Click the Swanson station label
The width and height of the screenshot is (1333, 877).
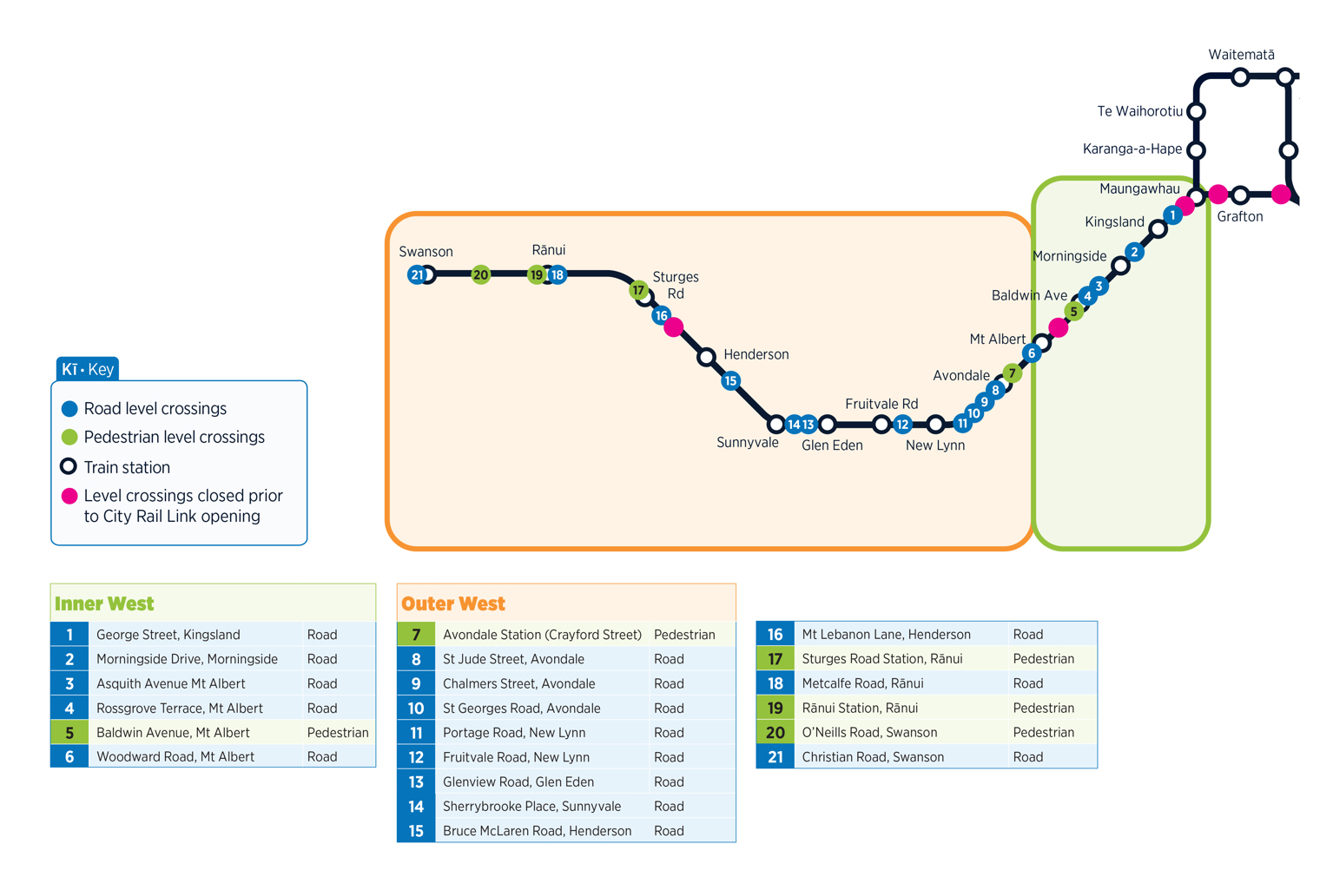pyautogui.click(x=426, y=252)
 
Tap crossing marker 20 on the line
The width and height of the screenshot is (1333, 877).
pyautogui.click(x=480, y=275)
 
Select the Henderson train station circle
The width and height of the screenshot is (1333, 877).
pyautogui.click(x=706, y=357)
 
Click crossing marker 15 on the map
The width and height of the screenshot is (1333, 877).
pyautogui.click(x=730, y=380)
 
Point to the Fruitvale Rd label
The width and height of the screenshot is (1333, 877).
pyautogui.click(x=881, y=404)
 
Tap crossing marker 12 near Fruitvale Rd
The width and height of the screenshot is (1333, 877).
pyautogui.click(x=902, y=425)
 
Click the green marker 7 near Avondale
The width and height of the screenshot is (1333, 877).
pyautogui.click(x=1012, y=373)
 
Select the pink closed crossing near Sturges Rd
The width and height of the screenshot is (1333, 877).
pyautogui.click(x=674, y=327)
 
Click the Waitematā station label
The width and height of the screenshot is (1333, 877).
pyautogui.click(x=1241, y=55)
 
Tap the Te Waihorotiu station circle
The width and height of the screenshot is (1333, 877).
pyautogui.click(x=1196, y=112)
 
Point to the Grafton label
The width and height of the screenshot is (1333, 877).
pyautogui.click(x=1239, y=217)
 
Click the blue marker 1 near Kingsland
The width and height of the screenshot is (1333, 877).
pyautogui.click(x=1172, y=214)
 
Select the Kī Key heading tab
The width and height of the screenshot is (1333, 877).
pyautogui.click(x=87, y=369)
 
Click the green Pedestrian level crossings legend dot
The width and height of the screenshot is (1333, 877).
pyautogui.click(x=69, y=437)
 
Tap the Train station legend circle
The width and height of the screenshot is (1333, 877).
pyautogui.click(x=69, y=466)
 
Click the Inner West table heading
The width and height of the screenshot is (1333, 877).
pyautogui.click(x=104, y=603)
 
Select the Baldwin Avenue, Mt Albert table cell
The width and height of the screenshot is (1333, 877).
pyautogui.click(x=173, y=733)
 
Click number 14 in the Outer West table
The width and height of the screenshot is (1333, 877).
pyautogui.click(x=416, y=807)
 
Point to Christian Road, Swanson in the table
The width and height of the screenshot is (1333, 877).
pyautogui.click(x=872, y=757)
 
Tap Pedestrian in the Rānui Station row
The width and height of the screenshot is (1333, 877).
pyautogui.click(x=1043, y=709)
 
